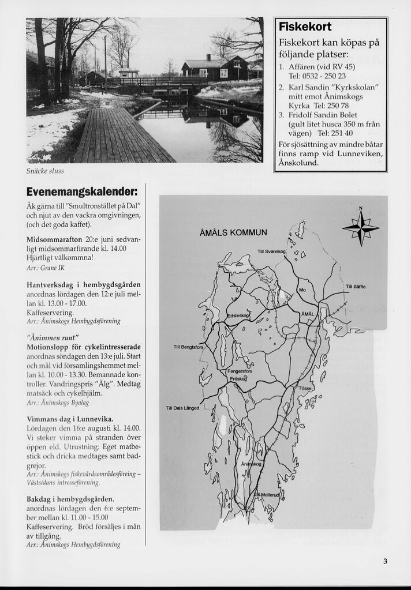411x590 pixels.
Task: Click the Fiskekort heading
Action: [305, 27]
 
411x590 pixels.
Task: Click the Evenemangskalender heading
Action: [82, 192]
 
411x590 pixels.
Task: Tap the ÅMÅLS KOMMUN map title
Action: [233, 232]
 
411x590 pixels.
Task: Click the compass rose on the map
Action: [361, 228]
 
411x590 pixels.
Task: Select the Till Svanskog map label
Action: [271, 251]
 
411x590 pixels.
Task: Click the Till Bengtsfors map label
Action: [189, 347]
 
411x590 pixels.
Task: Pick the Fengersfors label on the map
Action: [240, 371]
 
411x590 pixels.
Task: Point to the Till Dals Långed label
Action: [182, 408]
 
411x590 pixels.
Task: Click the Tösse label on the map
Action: [305, 388]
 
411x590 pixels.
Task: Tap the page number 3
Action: [385, 562]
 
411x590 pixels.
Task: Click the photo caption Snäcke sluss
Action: [45, 171]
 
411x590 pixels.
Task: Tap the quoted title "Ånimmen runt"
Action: [53, 337]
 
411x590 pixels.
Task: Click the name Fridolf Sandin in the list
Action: [314, 115]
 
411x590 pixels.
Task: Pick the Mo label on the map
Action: [302, 290]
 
